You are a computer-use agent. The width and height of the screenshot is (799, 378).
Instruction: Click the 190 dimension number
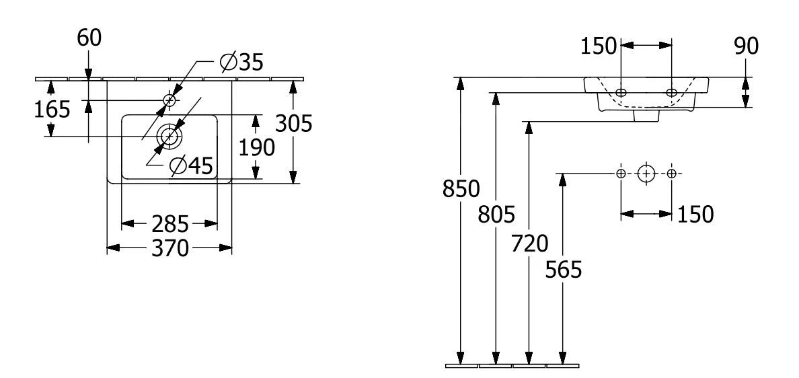[256, 147]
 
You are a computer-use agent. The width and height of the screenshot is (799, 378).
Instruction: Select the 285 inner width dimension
[168, 223]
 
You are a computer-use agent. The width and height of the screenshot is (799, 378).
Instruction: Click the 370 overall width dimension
[168, 248]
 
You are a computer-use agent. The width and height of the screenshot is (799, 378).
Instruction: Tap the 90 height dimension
[745, 46]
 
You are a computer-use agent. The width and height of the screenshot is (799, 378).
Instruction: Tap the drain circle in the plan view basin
[168, 137]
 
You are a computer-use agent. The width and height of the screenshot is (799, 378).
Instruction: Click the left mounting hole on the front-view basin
[621, 92]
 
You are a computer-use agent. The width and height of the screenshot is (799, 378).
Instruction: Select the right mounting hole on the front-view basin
[671, 92]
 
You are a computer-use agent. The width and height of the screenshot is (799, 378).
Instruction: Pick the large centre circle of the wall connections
[646, 174]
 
